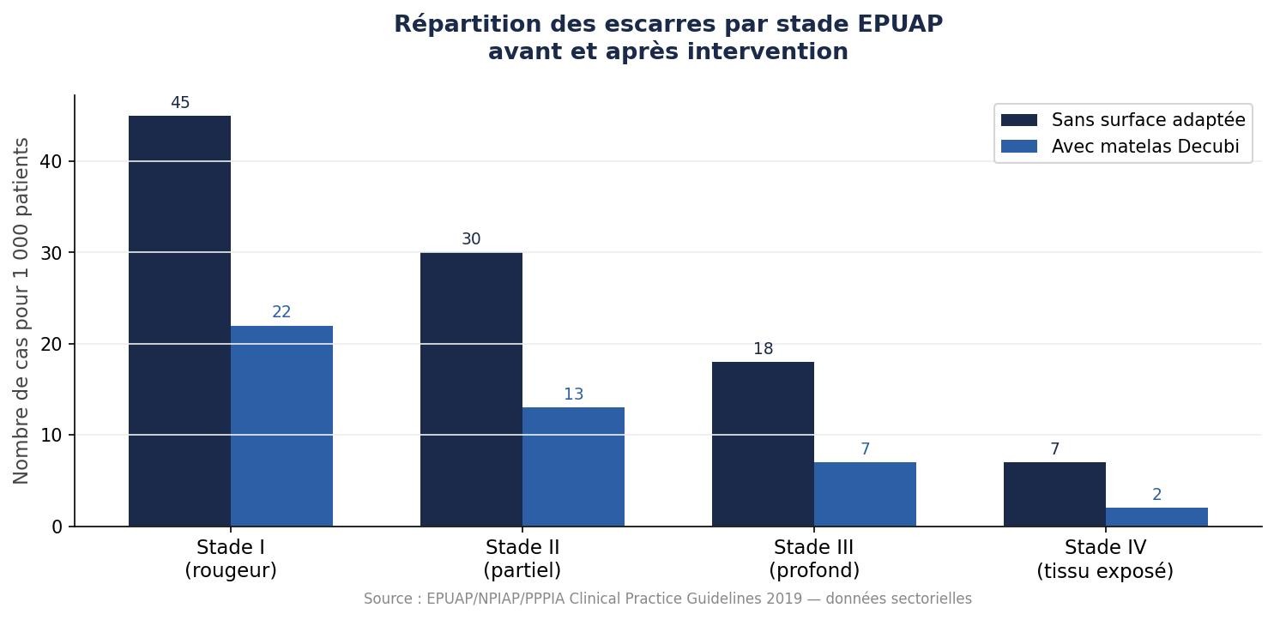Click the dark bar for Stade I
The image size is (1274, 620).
pos(179,321)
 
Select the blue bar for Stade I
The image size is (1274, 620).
pos(281,426)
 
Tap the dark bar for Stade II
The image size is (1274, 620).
pos(471,389)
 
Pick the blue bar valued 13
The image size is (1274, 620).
pos(573,467)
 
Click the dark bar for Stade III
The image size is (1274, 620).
pos(763,444)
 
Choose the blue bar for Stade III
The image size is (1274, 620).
pos(865,494)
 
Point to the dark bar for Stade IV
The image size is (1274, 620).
pos(1054,494)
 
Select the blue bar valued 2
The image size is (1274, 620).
pos(1156,517)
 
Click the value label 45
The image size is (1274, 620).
pos(180,103)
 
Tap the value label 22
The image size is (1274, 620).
pos(281,312)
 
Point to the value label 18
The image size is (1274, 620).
pos(763,349)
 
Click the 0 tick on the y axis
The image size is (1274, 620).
pos(57,527)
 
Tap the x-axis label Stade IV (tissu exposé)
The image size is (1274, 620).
pos(1105,559)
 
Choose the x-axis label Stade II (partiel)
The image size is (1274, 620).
pos(522,559)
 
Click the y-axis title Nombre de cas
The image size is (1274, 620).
pos(21,310)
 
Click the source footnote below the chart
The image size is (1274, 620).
pos(667,599)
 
